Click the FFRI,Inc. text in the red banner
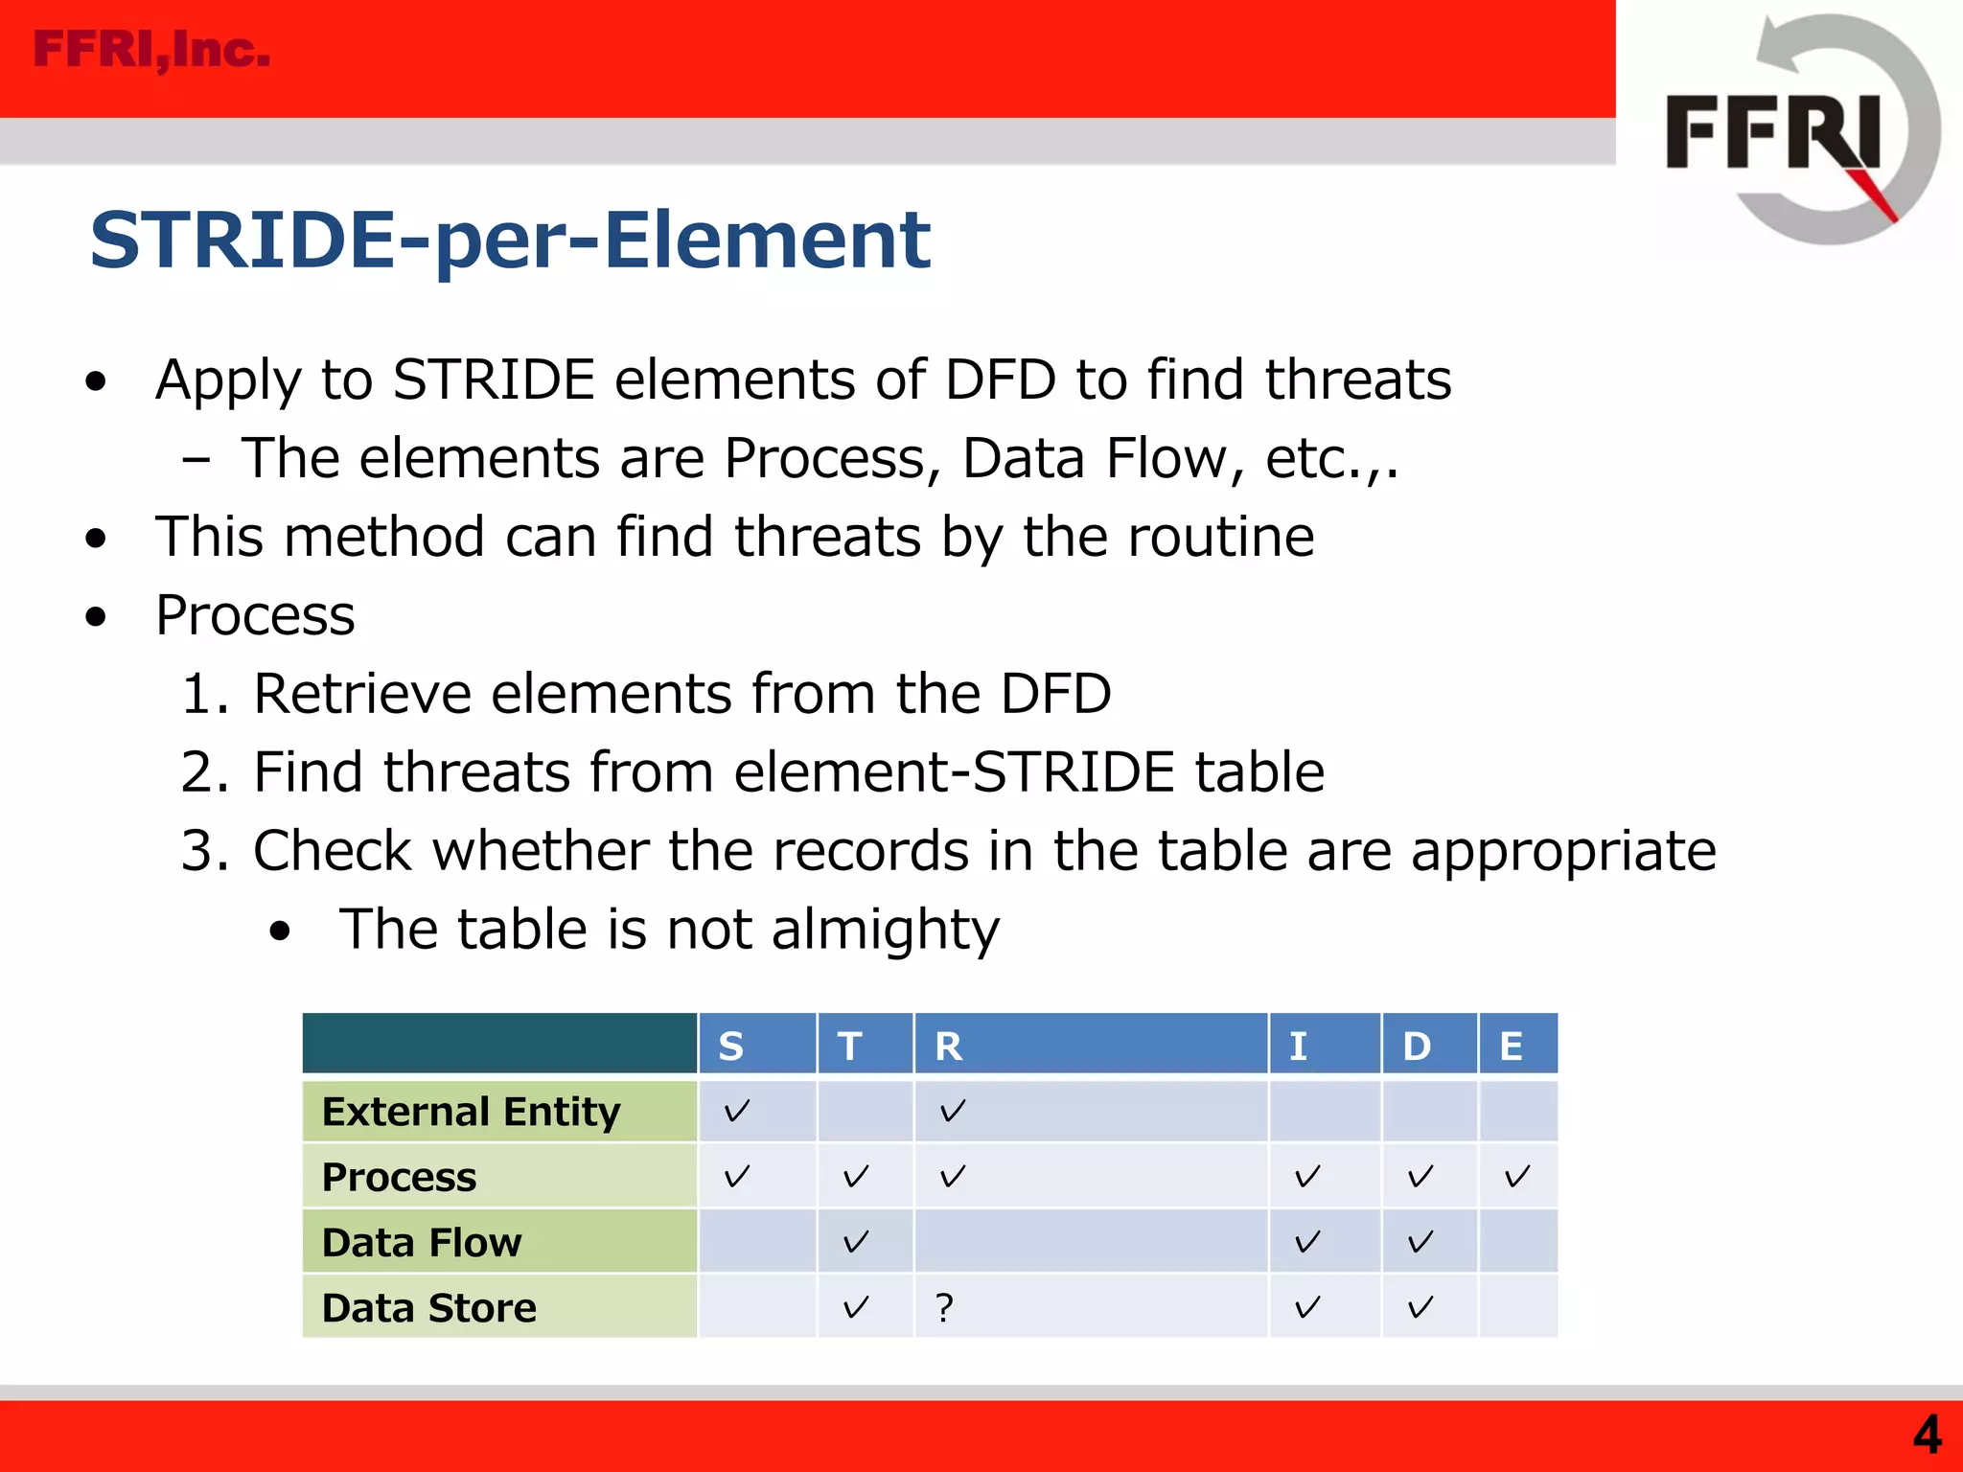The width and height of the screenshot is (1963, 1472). click(x=151, y=50)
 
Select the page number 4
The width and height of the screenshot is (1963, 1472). click(x=1927, y=1435)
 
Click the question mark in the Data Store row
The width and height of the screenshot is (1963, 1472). click(x=945, y=1307)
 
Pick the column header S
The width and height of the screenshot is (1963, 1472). click(x=731, y=1046)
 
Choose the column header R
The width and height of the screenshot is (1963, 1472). click(x=948, y=1046)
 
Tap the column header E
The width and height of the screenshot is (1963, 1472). click(x=1512, y=1046)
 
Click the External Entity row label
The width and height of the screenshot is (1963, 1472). click(x=471, y=1112)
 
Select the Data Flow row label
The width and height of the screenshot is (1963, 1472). click(x=422, y=1242)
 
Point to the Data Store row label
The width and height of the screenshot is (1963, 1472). click(x=428, y=1307)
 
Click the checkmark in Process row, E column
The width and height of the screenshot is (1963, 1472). click(x=1516, y=1176)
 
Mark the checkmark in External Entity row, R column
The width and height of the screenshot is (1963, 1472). click(x=952, y=1112)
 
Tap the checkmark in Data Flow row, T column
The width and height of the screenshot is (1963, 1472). click(x=855, y=1242)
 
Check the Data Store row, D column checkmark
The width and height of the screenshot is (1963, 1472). click(x=1420, y=1307)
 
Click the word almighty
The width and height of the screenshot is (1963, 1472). click(x=885, y=930)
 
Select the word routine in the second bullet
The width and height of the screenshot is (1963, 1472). click(x=1220, y=536)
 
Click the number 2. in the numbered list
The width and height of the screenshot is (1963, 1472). click(x=204, y=772)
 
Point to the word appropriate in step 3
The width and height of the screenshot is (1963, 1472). click(x=1563, y=851)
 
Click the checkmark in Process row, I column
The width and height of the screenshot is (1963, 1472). click(x=1307, y=1176)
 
